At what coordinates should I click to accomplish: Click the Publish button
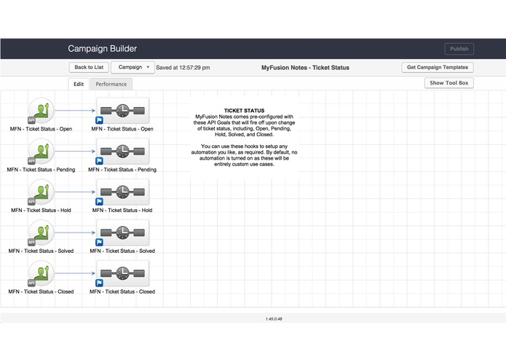(x=459, y=49)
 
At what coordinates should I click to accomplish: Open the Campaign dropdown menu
(x=133, y=67)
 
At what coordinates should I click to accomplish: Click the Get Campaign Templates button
(x=438, y=67)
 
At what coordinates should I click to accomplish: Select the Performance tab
(x=111, y=85)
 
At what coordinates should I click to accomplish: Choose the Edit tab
(x=79, y=85)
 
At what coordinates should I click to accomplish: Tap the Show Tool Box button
(x=449, y=83)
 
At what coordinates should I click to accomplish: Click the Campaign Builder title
(x=102, y=49)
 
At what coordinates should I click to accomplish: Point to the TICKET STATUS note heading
(x=245, y=111)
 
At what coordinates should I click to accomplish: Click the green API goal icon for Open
(x=41, y=111)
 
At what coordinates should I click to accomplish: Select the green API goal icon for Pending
(x=41, y=152)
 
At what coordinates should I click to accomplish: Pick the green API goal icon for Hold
(x=41, y=192)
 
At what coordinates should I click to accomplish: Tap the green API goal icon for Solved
(x=41, y=233)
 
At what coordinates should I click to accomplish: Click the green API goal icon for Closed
(x=41, y=274)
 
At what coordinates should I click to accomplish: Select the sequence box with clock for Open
(x=122, y=111)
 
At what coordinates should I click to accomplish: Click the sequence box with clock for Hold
(x=122, y=192)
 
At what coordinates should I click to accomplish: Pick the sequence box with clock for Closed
(x=122, y=274)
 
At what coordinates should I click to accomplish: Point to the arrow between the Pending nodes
(x=75, y=152)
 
